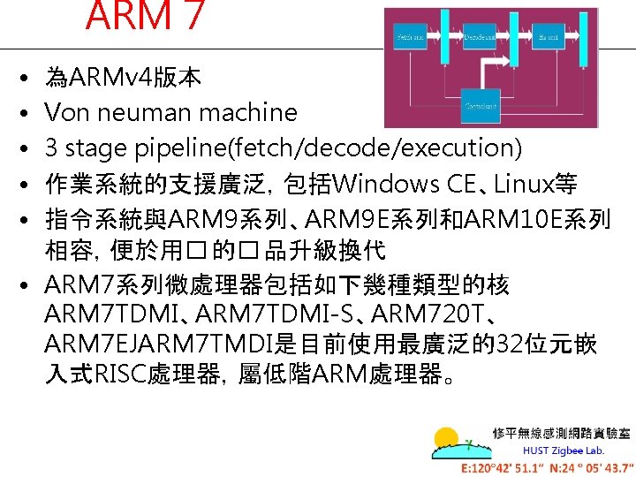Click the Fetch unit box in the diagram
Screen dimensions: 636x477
(411, 37)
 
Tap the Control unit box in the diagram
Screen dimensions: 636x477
(480, 106)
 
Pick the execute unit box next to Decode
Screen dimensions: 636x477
(549, 37)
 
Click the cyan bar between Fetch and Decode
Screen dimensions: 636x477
(442, 37)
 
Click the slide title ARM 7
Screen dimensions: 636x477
(146, 15)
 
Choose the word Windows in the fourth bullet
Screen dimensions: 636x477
(389, 185)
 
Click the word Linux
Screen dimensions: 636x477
(523, 185)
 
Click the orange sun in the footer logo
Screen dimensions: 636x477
(447, 440)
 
